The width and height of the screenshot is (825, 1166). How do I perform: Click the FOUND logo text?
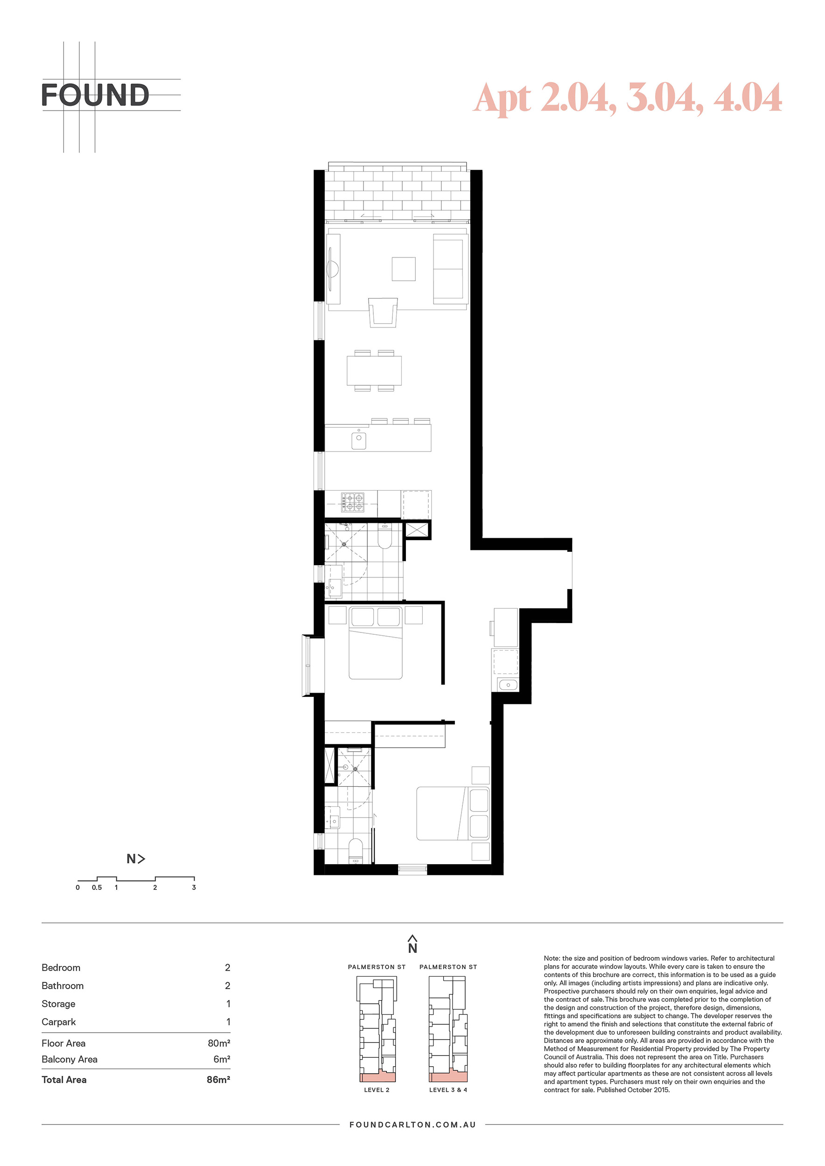[x=95, y=95]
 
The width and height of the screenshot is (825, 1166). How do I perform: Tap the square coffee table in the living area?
[x=403, y=269]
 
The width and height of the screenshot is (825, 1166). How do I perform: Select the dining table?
[x=374, y=371]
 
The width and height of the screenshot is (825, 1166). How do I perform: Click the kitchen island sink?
[x=359, y=440]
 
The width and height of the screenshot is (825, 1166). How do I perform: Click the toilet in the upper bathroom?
[x=385, y=537]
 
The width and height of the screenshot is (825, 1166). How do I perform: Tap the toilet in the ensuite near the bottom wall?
[x=355, y=850]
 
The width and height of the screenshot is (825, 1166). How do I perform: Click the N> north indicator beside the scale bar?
[x=136, y=859]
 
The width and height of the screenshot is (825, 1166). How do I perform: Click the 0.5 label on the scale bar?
[x=97, y=887]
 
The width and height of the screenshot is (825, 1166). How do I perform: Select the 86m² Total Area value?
[x=218, y=1080]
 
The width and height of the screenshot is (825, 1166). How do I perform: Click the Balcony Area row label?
[x=70, y=1059]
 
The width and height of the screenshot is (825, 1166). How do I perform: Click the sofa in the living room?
[x=450, y=269]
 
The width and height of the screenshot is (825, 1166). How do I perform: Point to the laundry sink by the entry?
[x=508, y=685]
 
